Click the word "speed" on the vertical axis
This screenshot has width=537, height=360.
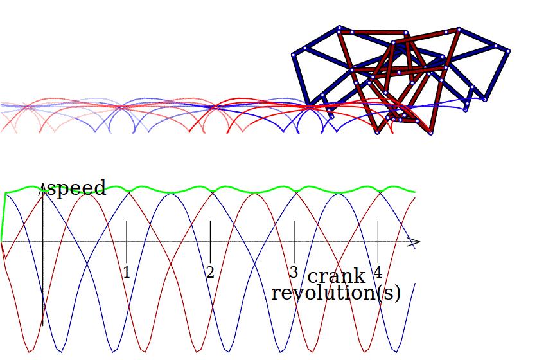(x=76, y=188)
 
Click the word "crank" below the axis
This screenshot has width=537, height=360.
(x=336, y=276)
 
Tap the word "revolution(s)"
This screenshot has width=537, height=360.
(x=335, y=293)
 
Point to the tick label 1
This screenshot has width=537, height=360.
(x=127, y=273)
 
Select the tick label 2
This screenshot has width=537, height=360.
(x=210, y=273)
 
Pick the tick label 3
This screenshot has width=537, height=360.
(x=294, y=273)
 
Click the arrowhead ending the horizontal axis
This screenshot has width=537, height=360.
(x=417, y=242)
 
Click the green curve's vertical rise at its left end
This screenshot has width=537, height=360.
(x=3, y=215)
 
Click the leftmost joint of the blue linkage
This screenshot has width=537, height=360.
(x=294, y=55)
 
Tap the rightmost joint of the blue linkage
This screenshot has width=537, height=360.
(x=508, y=50)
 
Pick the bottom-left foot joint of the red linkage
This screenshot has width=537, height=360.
(x=377, y=133)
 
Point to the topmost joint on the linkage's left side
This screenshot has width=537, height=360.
(x=339, y=27)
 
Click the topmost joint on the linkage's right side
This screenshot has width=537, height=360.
(x=459, y=29)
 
